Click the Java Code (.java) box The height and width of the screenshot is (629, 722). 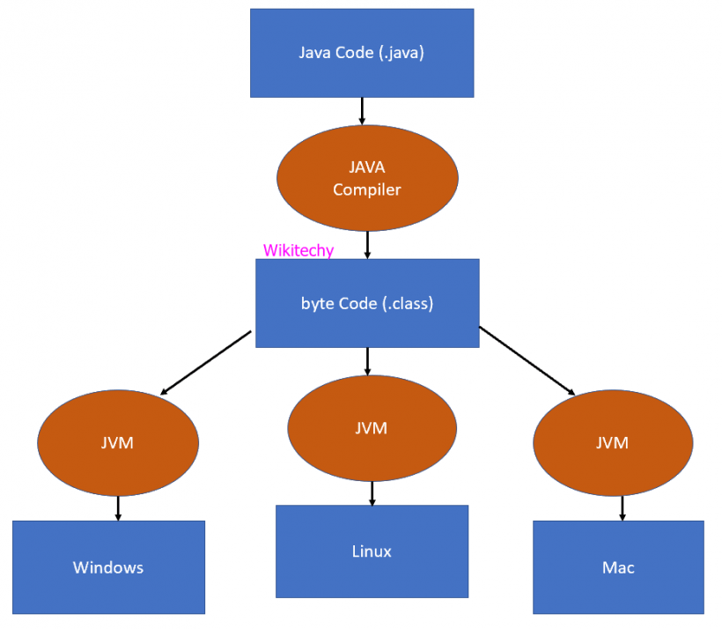[x=362, y=53]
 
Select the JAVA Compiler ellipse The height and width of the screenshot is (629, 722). [x=367, y=179]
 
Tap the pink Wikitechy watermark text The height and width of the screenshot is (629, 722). [x=298, y=251]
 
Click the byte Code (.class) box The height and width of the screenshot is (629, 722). [x=367, y=303]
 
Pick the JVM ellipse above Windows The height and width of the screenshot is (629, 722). [x=117, y=443]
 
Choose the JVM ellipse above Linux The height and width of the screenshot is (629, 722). [x=372, y=429]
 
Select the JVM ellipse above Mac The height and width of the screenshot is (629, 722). [x=613, y=442]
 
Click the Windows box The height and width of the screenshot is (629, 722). [x=108, y=567]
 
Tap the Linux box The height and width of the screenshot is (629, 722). [x=372, y=551]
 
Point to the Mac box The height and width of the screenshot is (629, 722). [x=618, y=567]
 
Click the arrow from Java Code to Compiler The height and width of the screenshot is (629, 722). [x=362, y=110]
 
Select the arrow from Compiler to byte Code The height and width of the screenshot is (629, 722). [x=367, y=243]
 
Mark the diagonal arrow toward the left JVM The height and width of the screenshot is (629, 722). [x=206, y=362]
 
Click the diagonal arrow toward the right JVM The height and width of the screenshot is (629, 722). [x=527, y=360]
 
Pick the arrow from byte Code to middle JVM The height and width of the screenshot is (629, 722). [x=367, y=359]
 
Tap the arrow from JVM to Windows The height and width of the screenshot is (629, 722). [x=118, y=507]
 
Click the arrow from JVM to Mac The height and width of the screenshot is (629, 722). [x=623, y=507]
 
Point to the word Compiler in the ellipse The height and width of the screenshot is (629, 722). [x=367, y=189]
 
